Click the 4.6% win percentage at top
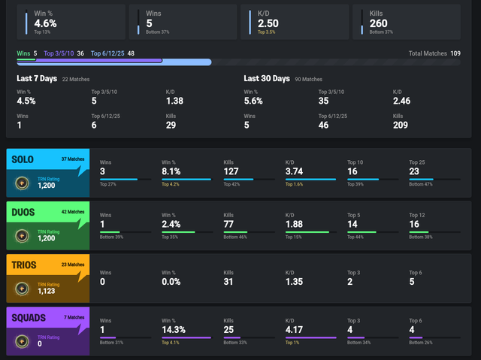[46, 23]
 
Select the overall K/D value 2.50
[269, 23]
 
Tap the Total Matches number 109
[455, 53]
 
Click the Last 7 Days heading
[38, 78]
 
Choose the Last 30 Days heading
[267, 78]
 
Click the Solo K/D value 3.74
[295, 171]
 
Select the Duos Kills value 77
[230, 223]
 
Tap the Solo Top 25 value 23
[415, 171]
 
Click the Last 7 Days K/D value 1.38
[174, 101]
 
